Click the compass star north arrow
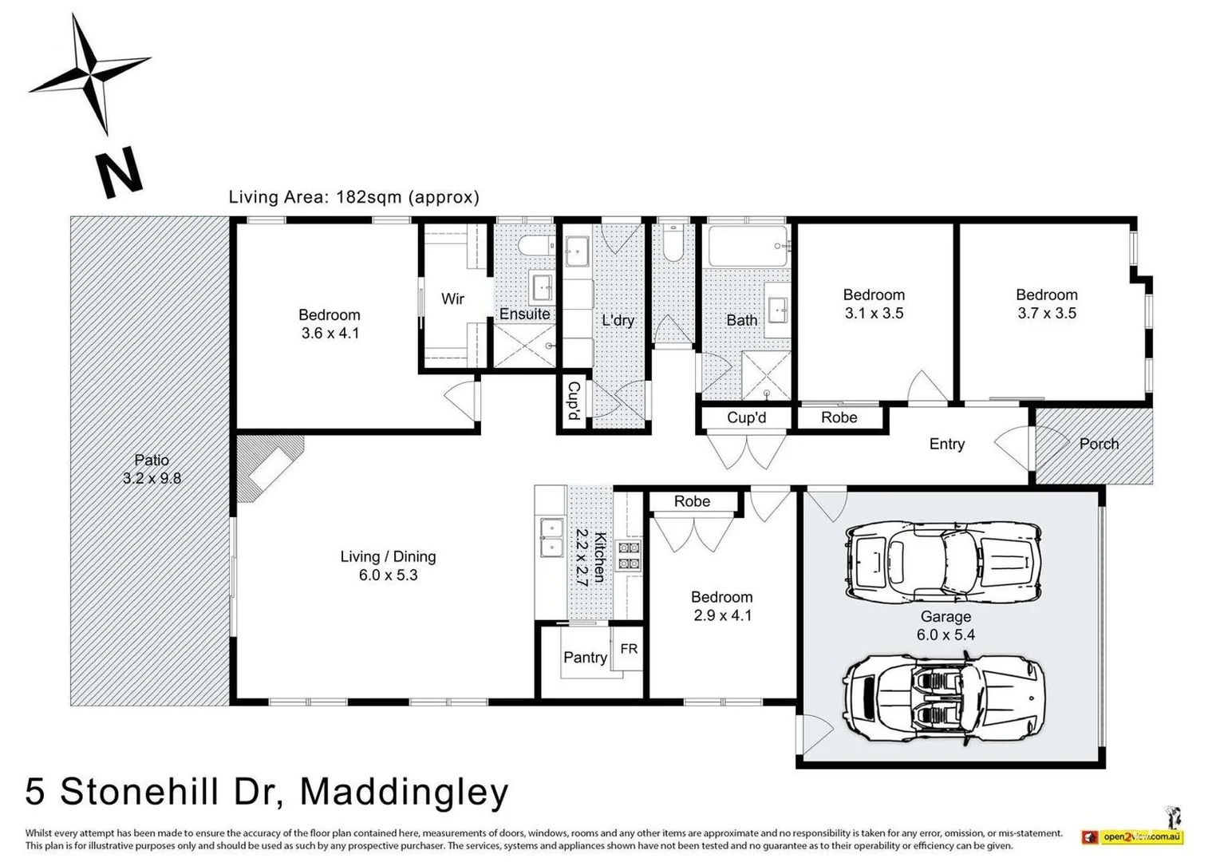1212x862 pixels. click(x=89, y=73)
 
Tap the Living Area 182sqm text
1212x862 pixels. click(x=353, y=197)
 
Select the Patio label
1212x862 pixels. click(x=152, y=460)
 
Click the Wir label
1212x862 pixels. click(x=452, y=299)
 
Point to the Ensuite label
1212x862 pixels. click(x=524, y=314)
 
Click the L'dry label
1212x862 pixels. click(x=618, y=321)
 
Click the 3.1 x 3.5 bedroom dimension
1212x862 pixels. click(x=874, y=314)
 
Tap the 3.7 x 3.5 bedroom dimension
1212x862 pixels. click(x=1046, y=314)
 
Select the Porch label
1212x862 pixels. click(x=1098, y=444)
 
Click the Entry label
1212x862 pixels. click(x=946, y=444)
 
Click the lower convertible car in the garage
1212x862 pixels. click(x=944, y=700)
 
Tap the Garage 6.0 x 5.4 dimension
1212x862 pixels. click(x=946, y=635)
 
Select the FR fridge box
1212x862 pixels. click(x=629, y=649)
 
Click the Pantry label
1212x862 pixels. click(x=585, y=658)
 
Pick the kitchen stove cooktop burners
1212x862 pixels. click(x=630, y=556)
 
